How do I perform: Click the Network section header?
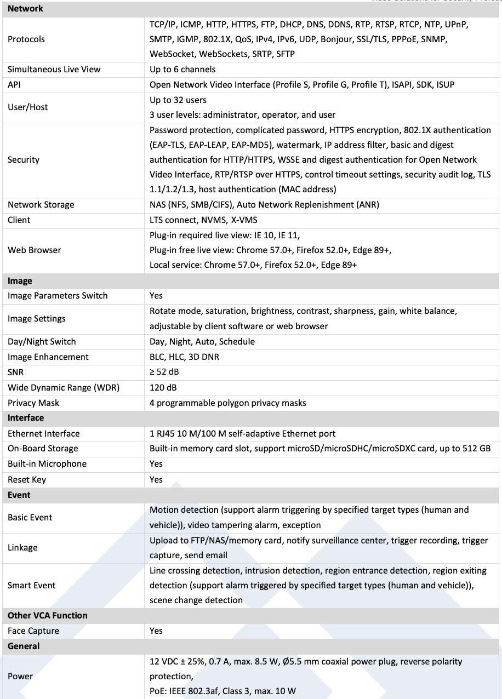pyautogui.click(x=25, y=9)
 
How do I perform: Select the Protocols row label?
pyautogui.click(x=26, y=39)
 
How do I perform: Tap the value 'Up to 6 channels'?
pyautogui.click(x=182, y=70)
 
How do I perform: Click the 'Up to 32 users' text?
pyautogui.click(x=178, y=100)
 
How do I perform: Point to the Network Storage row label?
pyautogui.click(x=41, y=205)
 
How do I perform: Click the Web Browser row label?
pyautogui.click(x=35, y=250)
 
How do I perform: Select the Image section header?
pyautogui.click(x=20, y=281)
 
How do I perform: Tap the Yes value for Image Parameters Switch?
pyautogui.click(x=156, y=296)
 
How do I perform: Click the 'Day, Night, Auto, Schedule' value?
pyautogui.click(x=202, y=342)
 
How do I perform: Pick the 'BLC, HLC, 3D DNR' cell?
pyautogui.click(x=185, y=357)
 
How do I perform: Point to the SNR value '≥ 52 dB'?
pyautogui.click(x=164, y=373)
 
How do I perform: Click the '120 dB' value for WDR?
pyautogui.click(x=163, y=388)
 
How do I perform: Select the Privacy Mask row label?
pyautogui.click(x=33, y=403)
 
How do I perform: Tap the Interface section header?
pyautogui.click(x=26, y=418)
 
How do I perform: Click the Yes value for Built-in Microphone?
pyautogui.click(x=156, y=464)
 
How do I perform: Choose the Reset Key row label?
pyautogui.click(x=27, y=480)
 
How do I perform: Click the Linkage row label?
pyautogui.click(x=22, y=548)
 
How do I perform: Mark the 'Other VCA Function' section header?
pyautogui.click(x=48, y=616)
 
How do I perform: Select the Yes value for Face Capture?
pyautogui.click(x=156, y=631)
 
